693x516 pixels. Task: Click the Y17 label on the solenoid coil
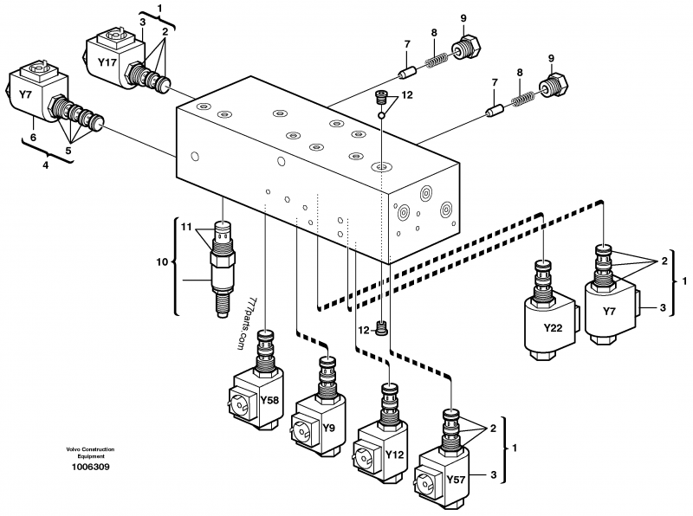(107, 62)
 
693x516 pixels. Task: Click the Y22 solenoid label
(552, 328)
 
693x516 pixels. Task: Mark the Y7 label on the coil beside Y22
(611, 312)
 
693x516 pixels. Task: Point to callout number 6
(34, 136)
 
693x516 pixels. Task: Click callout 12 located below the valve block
(363, 329)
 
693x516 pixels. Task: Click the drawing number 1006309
(90, 468)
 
